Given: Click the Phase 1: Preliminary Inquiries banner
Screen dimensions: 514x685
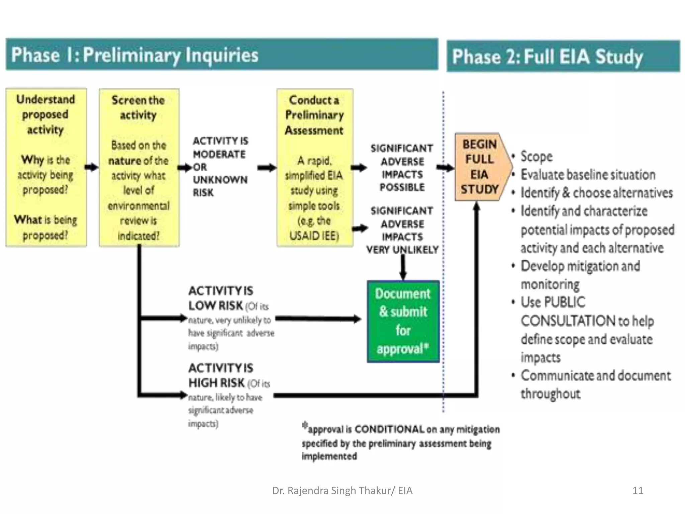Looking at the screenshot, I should pos(221,55).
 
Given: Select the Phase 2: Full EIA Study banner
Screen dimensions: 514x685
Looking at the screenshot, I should pos(563,56).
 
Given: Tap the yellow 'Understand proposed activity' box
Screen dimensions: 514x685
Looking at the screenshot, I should pos(46,167).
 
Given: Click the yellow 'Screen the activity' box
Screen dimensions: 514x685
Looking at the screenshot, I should pos(139,167).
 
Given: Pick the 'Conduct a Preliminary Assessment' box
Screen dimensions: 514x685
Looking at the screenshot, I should pos(314,167).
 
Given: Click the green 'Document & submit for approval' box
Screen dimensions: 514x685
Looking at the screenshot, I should pos(403,321).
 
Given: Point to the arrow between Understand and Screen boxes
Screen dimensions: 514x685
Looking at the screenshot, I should pos(92,167).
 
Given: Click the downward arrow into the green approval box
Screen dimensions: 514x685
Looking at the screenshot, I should pos(403,268).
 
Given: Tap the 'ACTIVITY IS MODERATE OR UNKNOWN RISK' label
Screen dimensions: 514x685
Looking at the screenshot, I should pos(220,167).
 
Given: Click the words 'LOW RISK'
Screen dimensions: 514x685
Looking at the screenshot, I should pos(215,306).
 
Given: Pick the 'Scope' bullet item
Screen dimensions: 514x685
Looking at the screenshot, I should pos(536,156).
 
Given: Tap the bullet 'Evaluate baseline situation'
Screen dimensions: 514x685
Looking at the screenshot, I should pos(588,175).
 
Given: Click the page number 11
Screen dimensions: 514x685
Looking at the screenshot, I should pos(638,491).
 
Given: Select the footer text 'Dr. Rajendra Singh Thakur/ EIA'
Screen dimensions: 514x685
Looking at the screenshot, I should pos(342,491).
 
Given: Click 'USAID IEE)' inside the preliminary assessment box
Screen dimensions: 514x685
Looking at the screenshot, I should pos(314,236).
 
